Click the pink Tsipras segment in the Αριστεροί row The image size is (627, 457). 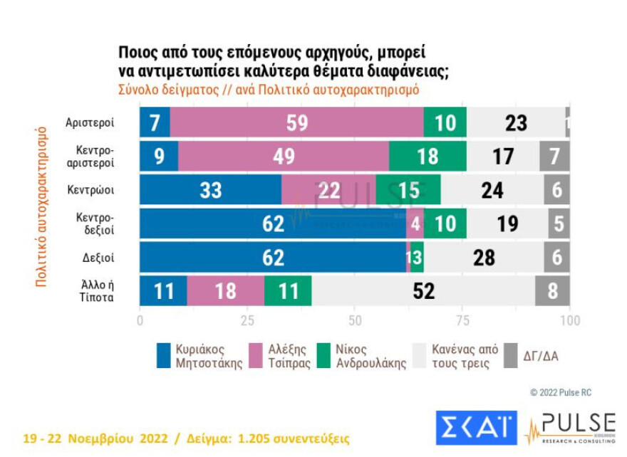(296, 122)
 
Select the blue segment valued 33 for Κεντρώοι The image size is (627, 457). (210, 190)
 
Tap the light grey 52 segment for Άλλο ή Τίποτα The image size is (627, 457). (423, 291)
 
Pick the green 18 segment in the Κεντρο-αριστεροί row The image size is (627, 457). (427, 156)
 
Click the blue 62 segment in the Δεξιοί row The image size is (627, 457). (272, 257)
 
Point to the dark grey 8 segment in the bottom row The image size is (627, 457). (553, 291)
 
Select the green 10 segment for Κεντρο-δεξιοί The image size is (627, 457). (445, 224)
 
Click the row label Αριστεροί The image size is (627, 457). (90, 122)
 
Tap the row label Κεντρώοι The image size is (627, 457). (93, 189)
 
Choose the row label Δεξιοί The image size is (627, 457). (98, 257)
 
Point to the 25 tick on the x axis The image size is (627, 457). (247, 320)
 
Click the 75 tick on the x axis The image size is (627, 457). (462, 320)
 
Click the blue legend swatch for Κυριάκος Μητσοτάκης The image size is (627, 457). (162, 355)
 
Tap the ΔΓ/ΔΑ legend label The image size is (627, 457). (541, 355)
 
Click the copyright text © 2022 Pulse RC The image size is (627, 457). (560, 392)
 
